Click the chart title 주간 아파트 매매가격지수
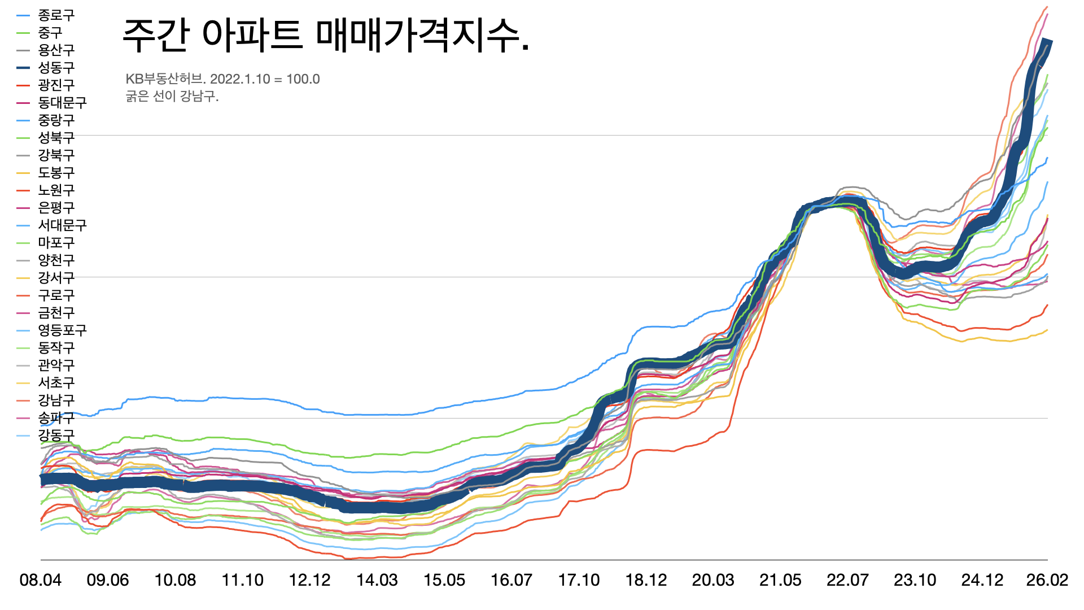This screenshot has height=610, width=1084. click(326, 35)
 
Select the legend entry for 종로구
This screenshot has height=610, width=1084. click(56, 15)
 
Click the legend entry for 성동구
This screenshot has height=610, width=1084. click(56, 68)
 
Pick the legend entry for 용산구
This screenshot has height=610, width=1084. click(56, 50)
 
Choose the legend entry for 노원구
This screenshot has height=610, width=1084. click(56, 190)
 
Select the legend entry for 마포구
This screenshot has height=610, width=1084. click(56, 243)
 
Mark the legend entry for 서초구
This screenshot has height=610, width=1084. click(56, 383)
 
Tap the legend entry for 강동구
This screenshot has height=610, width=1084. click(56, 435)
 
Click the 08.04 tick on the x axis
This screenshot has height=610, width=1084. click(41, 580)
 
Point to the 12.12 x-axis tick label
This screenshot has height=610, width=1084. click(310, 580)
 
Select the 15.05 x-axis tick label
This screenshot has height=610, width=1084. click(444, 580)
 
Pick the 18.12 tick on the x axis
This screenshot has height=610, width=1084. click(646, 580)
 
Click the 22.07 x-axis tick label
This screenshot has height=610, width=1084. click(847, 580)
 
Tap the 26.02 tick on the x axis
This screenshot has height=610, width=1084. click(1047, 580)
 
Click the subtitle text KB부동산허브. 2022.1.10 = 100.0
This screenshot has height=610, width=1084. click(222, 79)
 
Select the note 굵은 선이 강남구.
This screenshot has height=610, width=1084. click(172, 96)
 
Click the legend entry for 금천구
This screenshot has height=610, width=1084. click(56, 313)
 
